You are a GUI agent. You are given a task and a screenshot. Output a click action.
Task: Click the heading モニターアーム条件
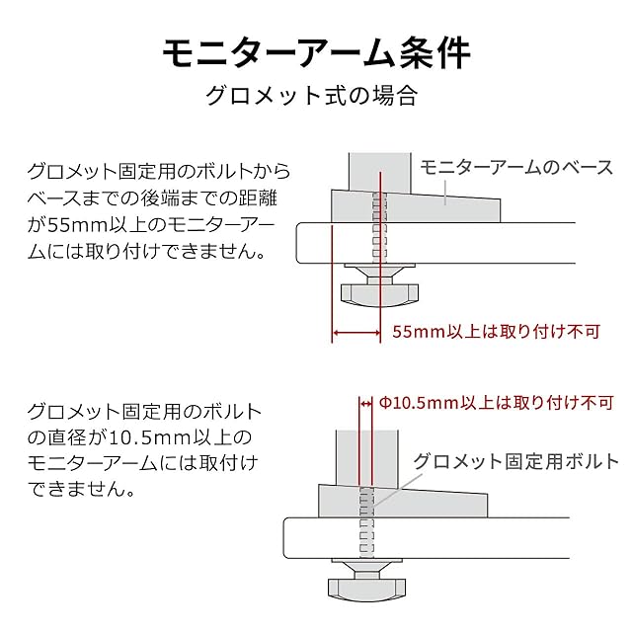[x=315, y=52]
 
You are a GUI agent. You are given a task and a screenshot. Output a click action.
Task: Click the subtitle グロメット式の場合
[x=315, y=97]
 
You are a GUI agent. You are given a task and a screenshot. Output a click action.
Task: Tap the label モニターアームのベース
[x=516, y=167]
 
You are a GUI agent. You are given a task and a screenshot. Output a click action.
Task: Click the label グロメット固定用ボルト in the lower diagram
[x=508, y=460]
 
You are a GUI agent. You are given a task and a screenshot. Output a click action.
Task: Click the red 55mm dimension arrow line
[x=356, y=333]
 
